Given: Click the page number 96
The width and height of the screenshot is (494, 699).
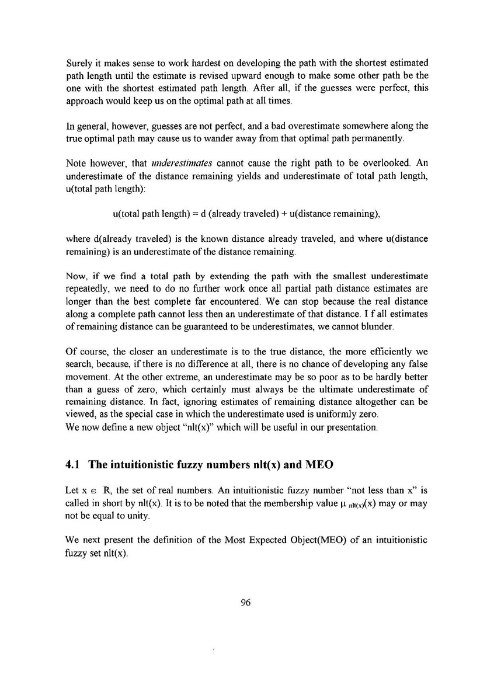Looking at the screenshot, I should pyautogui.click(x=245, y=603).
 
